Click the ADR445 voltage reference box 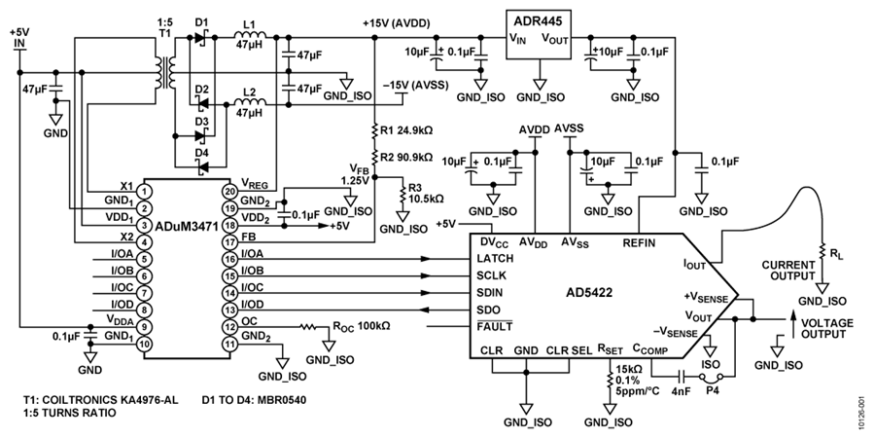[539, 35]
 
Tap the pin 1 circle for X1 [144, 192]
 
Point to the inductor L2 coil [250, 102]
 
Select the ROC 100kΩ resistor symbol [308, 326]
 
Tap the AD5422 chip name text [589, 291]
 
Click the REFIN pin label [639, 243]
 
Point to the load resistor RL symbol [821, 251]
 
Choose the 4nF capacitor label [681, 390]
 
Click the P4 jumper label [712, 390]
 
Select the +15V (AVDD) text [399, 24]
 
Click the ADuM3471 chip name [187, 226]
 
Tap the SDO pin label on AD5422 [488, 310]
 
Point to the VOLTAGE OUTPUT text [827, 329]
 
